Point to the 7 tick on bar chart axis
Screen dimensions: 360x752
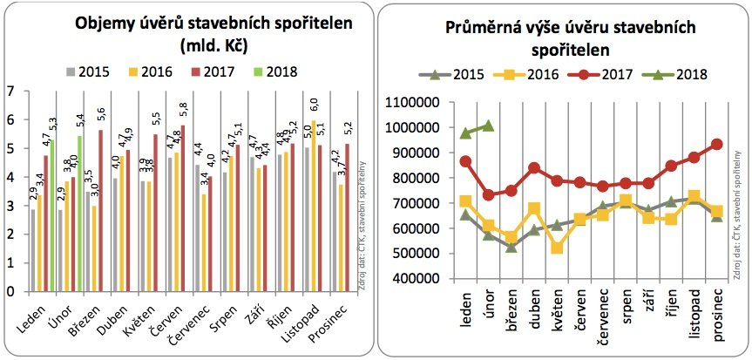point(10,90)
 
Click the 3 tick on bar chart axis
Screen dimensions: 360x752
point(10,207)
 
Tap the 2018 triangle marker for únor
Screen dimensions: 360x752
point(488,125)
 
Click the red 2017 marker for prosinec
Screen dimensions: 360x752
point(716,145)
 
